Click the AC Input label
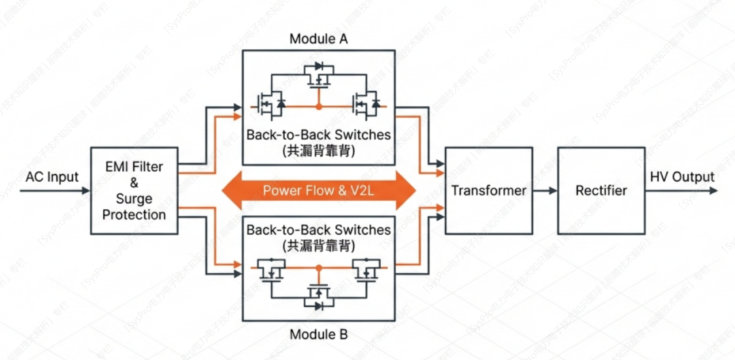[52, 178]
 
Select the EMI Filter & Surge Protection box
[133, 191]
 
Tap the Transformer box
[489, 191]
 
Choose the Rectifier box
[601, 191]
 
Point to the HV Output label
[682, 178]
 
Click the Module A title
[318, 39]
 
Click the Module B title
[318, 335]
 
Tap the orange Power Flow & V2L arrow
[318, 191]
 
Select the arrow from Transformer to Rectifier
[544, 191]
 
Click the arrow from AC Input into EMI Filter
[54, 191]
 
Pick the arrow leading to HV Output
[681, 191]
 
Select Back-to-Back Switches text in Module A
[318, 134]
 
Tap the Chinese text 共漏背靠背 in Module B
[318, 245]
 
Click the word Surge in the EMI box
[133, 199]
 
